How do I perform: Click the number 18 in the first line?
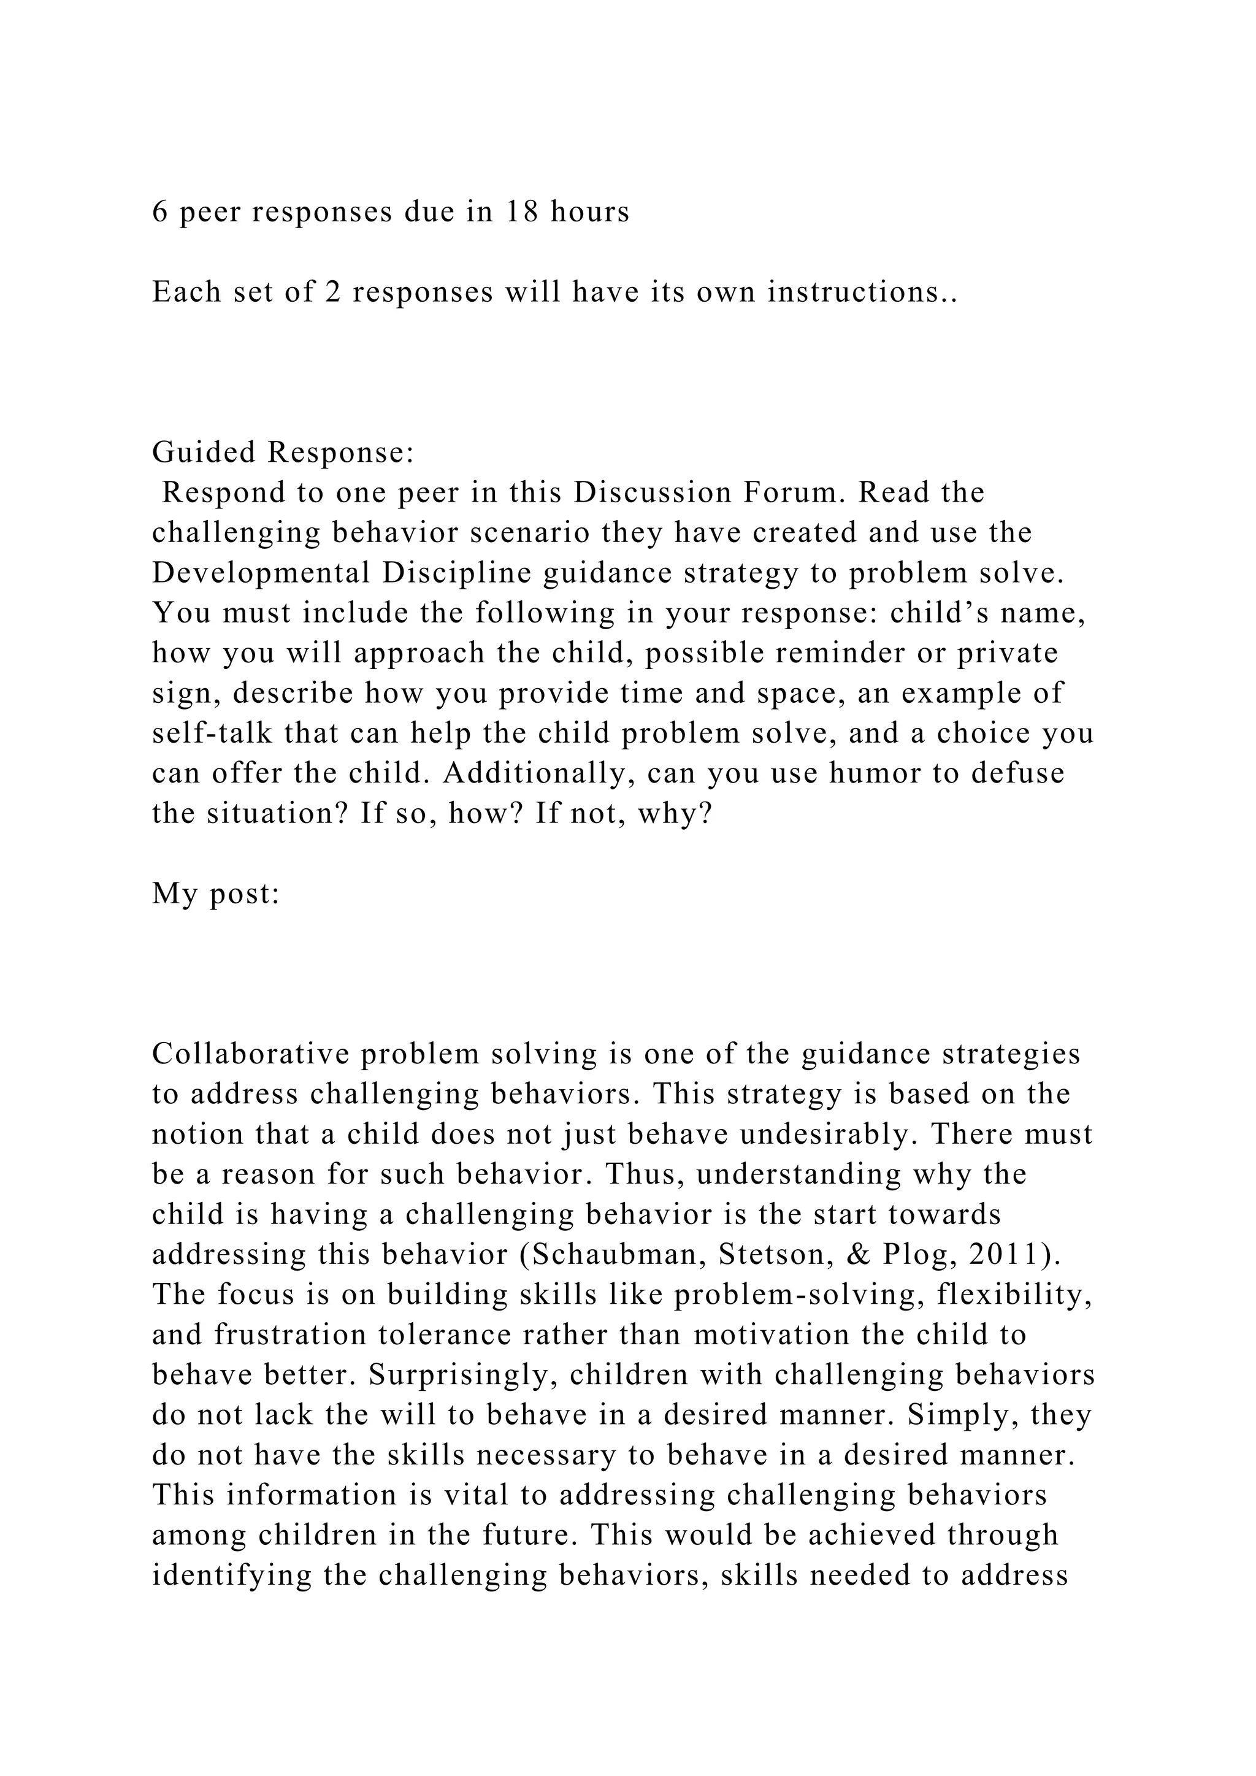click(x=522, y=212)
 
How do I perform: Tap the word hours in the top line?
click(x=590, y=212)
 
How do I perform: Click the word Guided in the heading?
click(x=204, y=453)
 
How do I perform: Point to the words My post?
click(x=215, y=894)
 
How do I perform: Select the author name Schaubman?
click(x=616, y=1255)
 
